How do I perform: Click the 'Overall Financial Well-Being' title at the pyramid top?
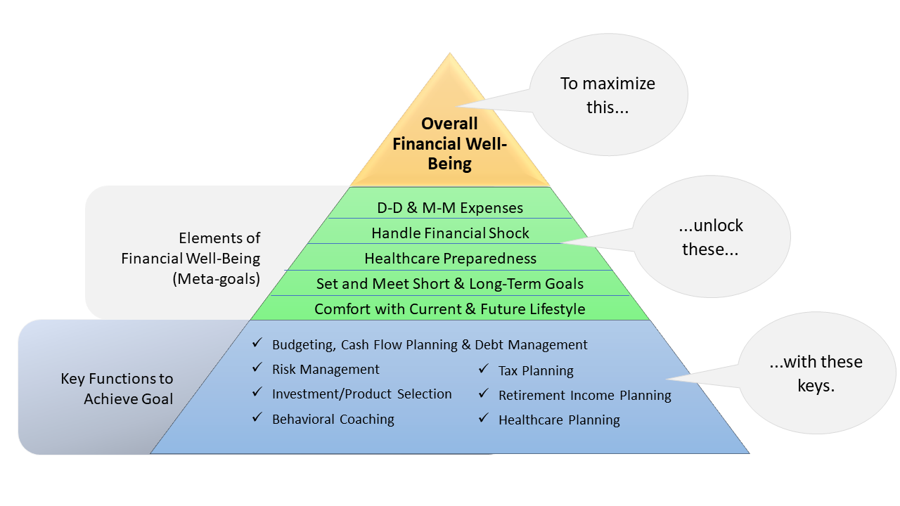tap(449, 144)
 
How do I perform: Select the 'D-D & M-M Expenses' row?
tap(450, 208)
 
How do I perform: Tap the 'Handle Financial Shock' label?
tap(450, 233)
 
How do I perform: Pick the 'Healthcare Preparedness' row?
tap(450, 259)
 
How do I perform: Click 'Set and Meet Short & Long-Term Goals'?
tap(449, 284)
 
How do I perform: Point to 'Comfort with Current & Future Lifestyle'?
tap(449, 309)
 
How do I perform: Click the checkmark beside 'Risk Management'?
tap(257, 368)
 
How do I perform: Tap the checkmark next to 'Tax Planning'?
tap(484, 369)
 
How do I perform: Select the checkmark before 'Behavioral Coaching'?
tap(257, 417)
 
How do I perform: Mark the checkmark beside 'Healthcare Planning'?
tap(484, 418)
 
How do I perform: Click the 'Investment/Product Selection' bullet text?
tap(361, 394)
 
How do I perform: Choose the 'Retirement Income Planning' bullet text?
tap(584, 396)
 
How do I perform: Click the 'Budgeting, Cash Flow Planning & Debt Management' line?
tap(430, 345)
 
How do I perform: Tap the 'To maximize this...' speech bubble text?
tap(607, 96)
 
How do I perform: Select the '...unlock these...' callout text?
tap(710, 238)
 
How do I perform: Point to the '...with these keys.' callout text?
tap(816, 374)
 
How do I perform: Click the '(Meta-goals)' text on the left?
tap(216, 279)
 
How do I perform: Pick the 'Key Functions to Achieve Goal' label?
tap(117, 389)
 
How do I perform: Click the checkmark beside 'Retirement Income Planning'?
tap(484, 393)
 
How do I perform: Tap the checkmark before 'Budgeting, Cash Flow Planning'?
tap(257, 343)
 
